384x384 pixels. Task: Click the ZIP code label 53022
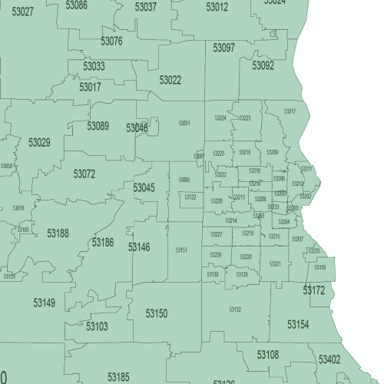[170, 80]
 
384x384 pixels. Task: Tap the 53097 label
[223, 48]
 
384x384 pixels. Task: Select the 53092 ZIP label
[263, 66]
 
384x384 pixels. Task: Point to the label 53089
[98, 126]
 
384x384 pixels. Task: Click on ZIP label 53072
[84, 174]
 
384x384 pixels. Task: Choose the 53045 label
[144, 187]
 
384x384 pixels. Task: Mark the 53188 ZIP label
[58, 233]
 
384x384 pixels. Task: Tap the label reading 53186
[103, 243]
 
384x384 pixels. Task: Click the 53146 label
[139, 247]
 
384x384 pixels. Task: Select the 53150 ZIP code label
[157, 313]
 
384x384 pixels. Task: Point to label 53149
[44, 303]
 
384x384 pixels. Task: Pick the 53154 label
[298, 325]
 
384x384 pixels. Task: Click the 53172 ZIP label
[313, 290]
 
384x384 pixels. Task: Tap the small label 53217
[290, 111]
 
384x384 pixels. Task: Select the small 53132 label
[235, 309]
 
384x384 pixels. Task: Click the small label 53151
[181, 250]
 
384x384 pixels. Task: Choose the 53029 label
[39, 142]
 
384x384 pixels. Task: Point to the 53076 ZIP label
[111, 41]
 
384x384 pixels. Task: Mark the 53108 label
[268, 354]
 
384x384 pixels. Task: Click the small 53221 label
[275, 263]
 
